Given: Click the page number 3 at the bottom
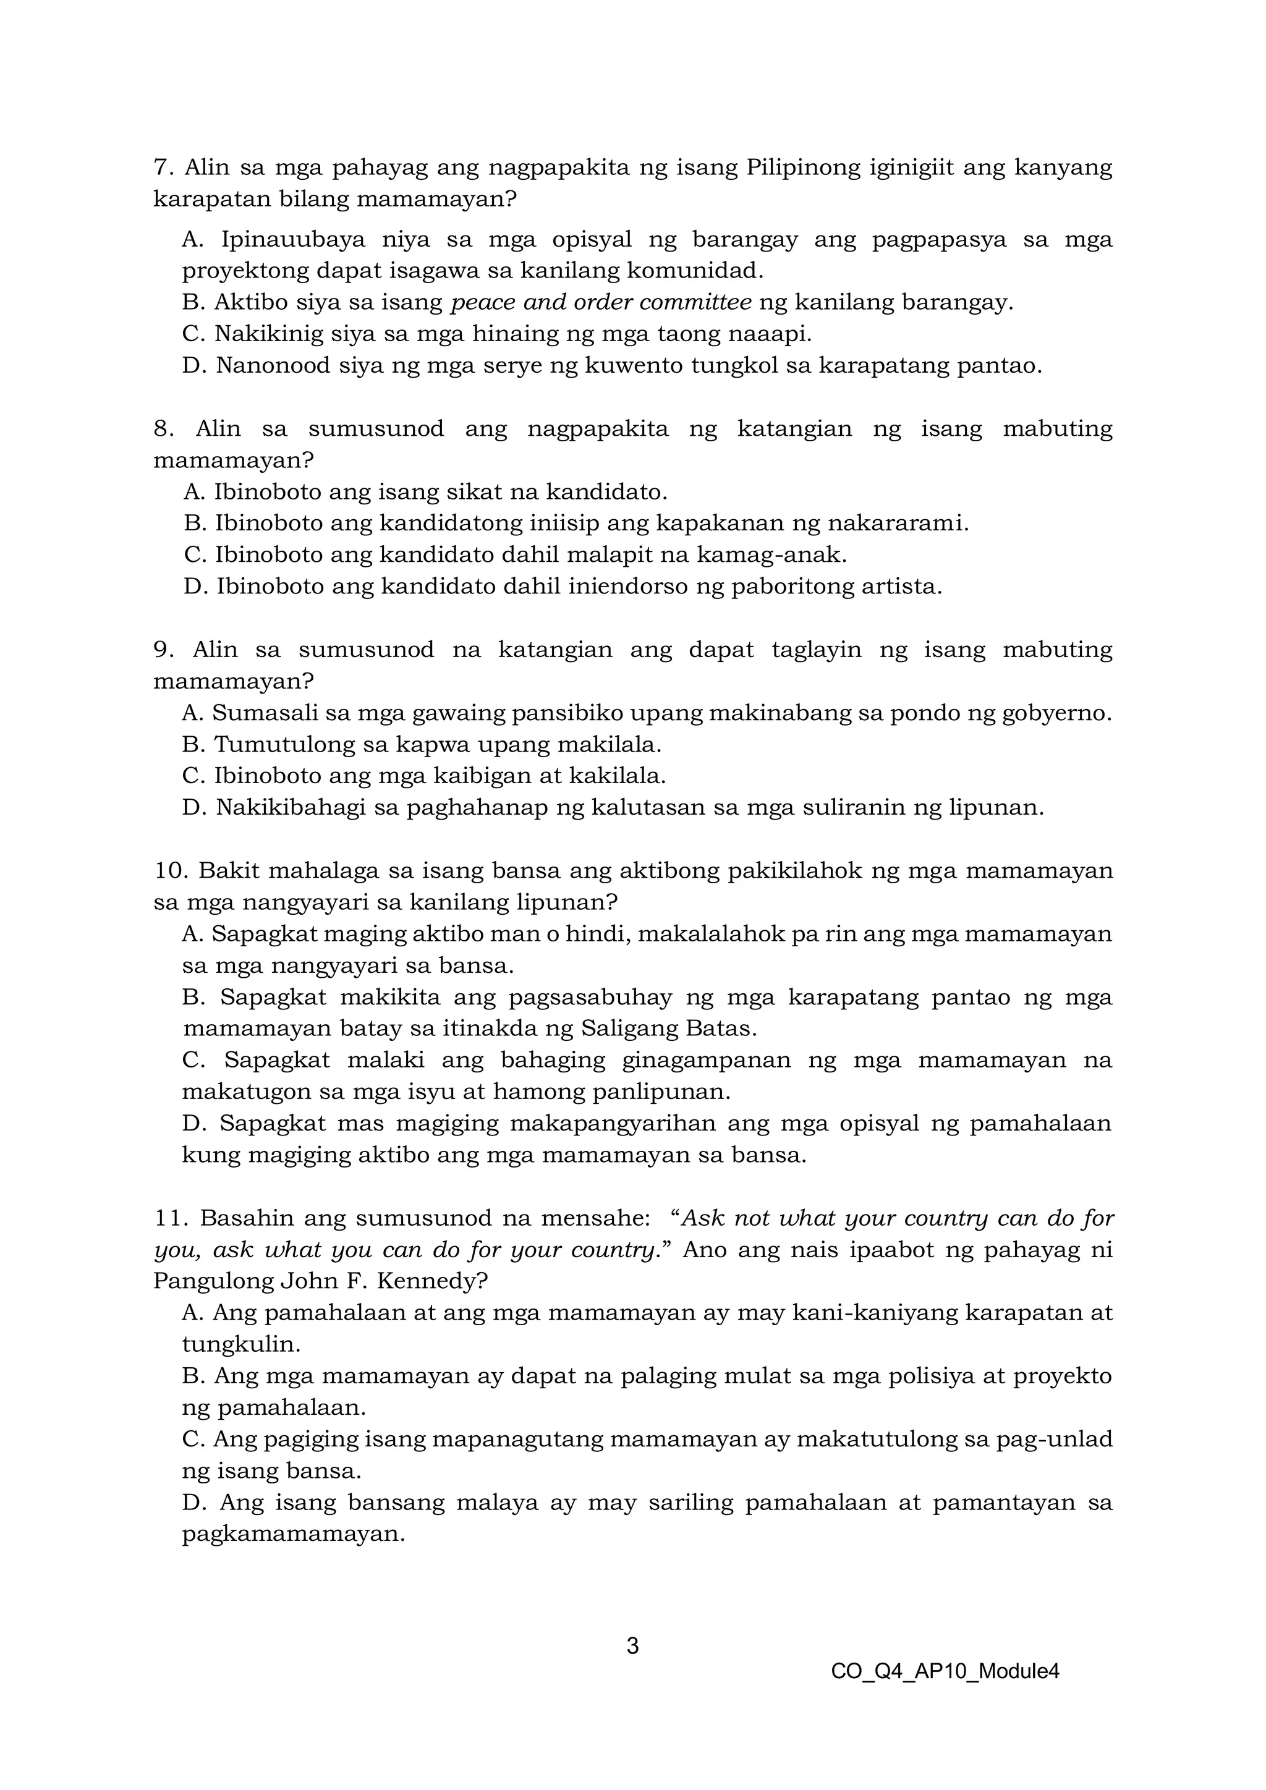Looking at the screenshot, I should click(632, 1646).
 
